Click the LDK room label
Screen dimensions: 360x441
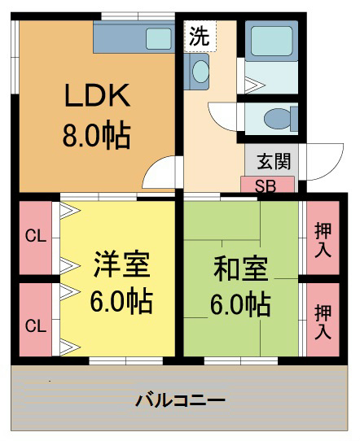coord(98,95)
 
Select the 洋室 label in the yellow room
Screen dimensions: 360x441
coord(121,264)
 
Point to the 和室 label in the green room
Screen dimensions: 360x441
coord(240,268)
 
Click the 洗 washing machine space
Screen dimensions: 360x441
coord(200,36)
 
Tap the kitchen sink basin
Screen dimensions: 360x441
coord(159,38)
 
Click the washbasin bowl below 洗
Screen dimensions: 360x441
coord(200,71)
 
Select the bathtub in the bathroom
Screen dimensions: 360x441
coord(271,41)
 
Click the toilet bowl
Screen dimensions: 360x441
coord(278,119)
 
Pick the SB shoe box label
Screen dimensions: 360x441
coord(266,186)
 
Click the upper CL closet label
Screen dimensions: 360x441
coord(36,236)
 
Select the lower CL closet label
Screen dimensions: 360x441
coord(36,326)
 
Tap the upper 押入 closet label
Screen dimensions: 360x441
coord(323,240)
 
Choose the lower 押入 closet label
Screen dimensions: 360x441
coord(323,321)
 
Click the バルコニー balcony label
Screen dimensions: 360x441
coord(181,400)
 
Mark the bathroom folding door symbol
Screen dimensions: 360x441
coord(255,85)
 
